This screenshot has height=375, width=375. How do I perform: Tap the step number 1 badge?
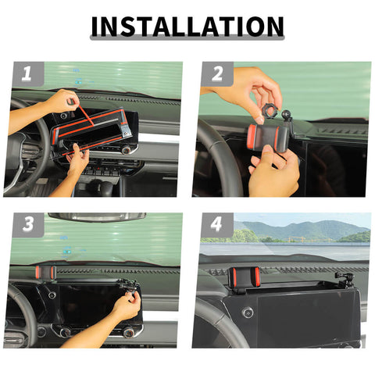tap(27, 75)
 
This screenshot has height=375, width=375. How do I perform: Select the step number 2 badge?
tap(216, 75)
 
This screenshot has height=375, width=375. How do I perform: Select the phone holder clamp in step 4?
tap(243, 277)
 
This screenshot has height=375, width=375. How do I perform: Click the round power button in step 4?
tap(248, 312)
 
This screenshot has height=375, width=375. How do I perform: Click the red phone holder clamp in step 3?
tap(45, 273)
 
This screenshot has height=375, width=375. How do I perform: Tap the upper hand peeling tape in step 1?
tap(62, 102)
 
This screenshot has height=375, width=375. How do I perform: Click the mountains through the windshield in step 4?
tap(305, 230)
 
